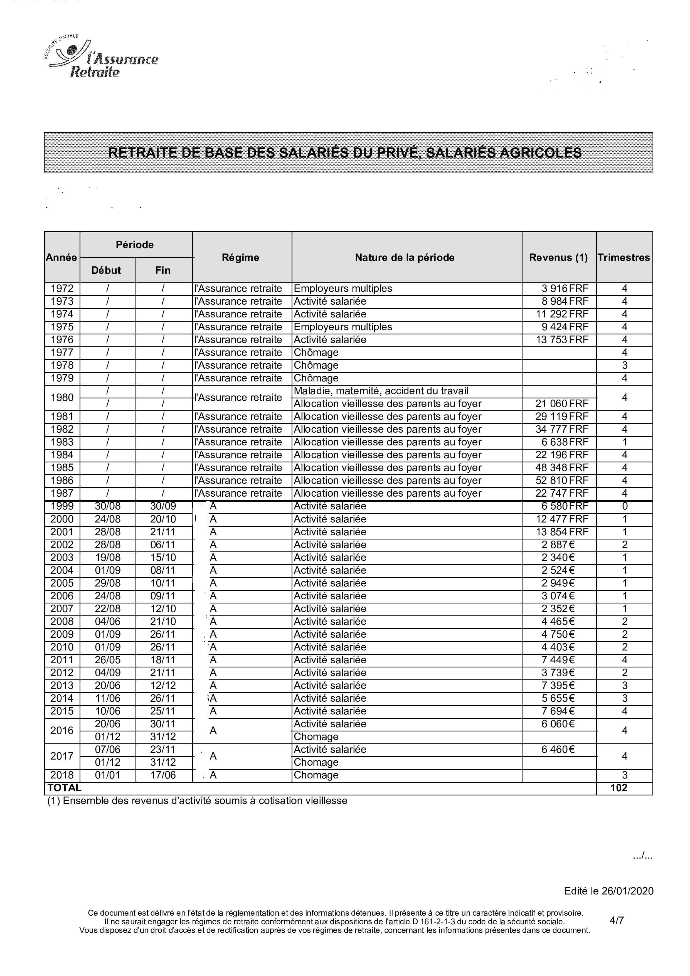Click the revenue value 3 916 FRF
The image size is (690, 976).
[565, 288]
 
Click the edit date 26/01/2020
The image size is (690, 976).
[627, 891]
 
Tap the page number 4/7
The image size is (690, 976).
[617, 920]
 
